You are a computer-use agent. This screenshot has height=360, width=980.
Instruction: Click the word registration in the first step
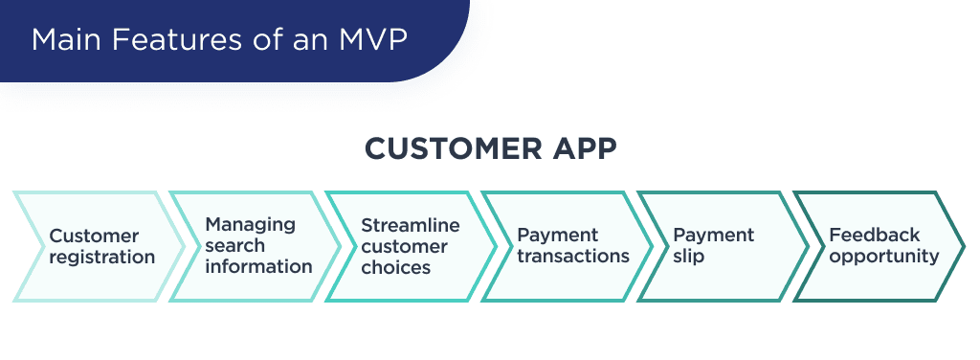click(101, 258)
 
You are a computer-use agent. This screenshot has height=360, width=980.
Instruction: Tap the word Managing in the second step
click(251, 224)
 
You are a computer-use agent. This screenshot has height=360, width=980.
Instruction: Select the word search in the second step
click(235, 245)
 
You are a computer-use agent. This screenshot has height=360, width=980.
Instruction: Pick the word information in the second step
click(258, 266)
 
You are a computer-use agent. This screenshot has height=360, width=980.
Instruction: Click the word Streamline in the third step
click(411, 225)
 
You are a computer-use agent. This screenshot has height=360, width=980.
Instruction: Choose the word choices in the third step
click(395, 267)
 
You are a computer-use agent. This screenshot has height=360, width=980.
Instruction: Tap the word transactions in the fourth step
click(573, 257)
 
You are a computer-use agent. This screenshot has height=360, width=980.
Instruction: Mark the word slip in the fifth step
click(689, 257)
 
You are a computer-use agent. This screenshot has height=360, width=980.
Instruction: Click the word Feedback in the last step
click(874, 235)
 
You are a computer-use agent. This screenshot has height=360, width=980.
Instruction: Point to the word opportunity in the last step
click(884, 257)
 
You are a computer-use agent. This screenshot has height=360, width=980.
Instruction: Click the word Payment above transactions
click(557, 235)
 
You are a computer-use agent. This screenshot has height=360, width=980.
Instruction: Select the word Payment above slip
click(713, 235)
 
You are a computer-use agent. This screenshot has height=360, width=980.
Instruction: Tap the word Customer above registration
click(94, 236)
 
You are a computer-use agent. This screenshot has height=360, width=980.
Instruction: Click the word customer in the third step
click(404, 246)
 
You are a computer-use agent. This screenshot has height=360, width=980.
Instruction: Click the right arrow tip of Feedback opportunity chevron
click(963, 247)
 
